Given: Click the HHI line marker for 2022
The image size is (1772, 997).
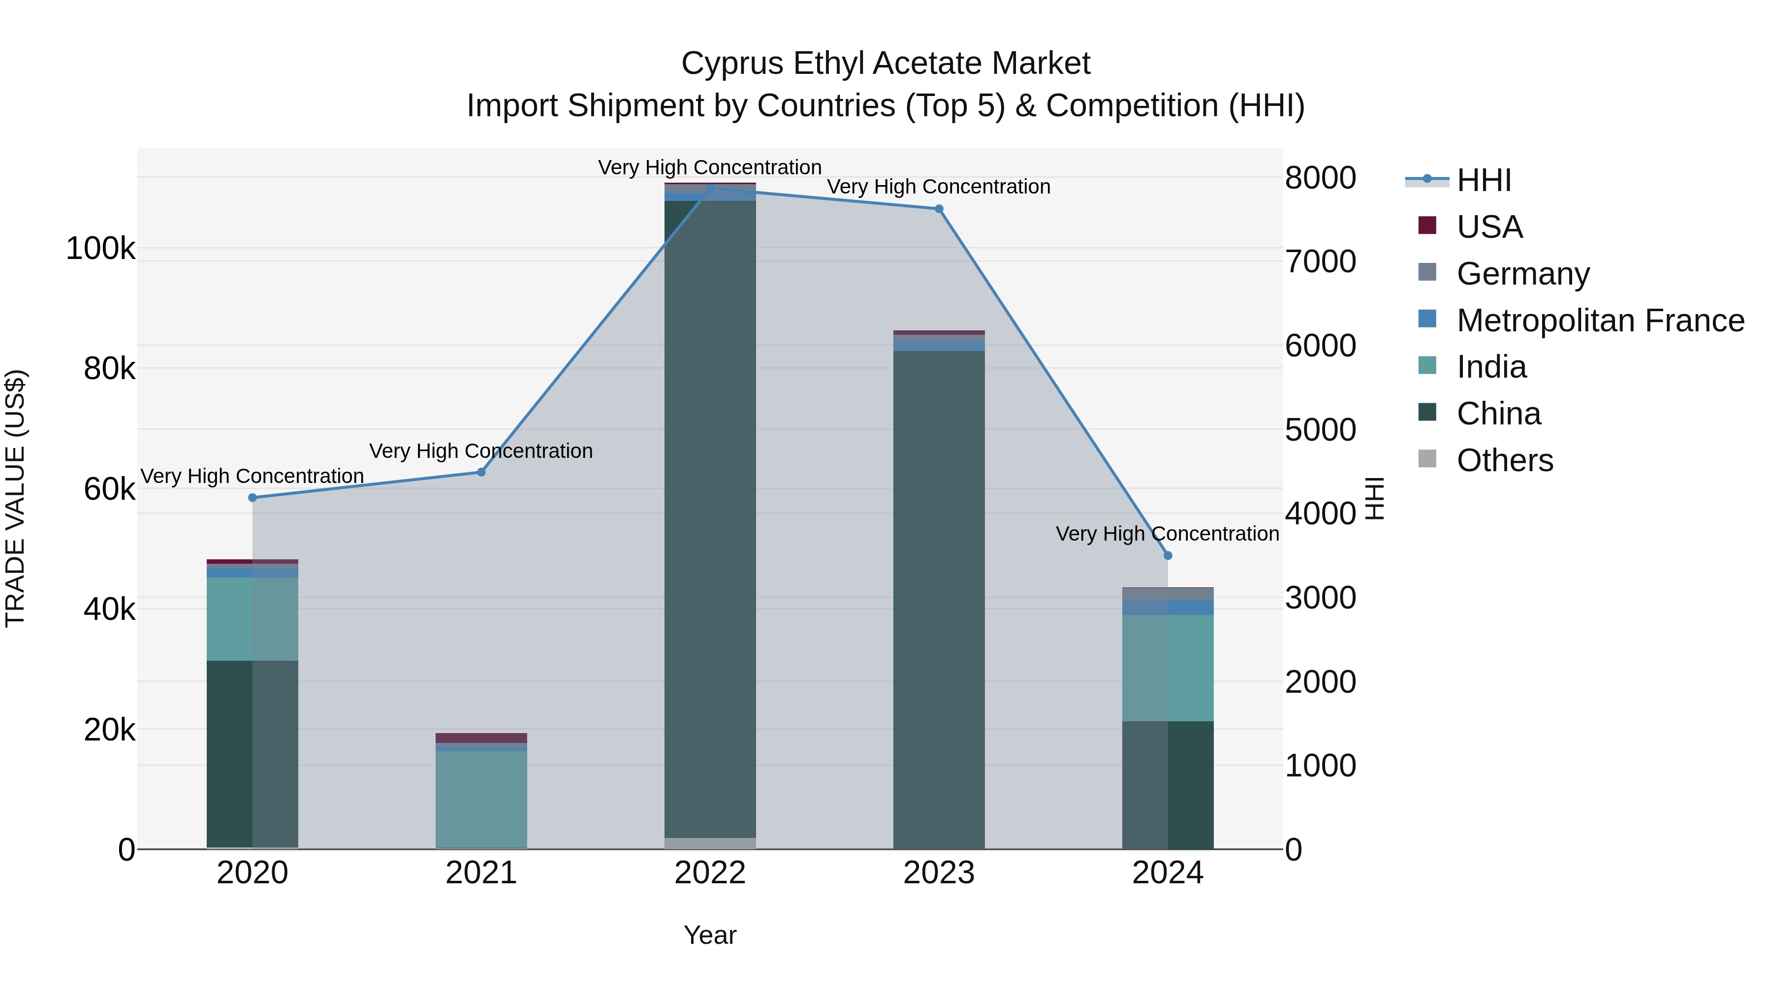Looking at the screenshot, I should click(x=710, y=188).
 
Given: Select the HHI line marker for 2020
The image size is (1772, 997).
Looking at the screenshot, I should click(x=253, y=497).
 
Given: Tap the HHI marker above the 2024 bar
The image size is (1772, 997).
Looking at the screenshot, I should click(x=1168, y=555).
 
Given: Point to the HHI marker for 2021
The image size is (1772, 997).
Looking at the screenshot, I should click(x=481, y=472).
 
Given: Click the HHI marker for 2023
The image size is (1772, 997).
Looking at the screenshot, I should click(x=939, y=208).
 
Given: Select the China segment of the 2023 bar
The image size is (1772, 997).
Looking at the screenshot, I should click(x=939, y=599).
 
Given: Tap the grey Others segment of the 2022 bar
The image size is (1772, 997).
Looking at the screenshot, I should click(x=710, y=843).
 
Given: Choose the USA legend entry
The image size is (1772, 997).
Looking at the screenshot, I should click(x=1489, y=227).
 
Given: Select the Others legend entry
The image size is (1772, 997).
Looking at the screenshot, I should click(x=1504, y=460).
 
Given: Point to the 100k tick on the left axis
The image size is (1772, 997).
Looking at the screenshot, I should click(x=100, y=249).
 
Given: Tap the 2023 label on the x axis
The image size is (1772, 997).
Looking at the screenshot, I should click(x=939, y=873).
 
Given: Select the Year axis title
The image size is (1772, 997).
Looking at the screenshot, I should click(x=710, y=935).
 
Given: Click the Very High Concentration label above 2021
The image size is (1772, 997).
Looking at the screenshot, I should click(x=481, y=451).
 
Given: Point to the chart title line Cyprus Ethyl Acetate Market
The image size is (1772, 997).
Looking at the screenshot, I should click(x=886, y=64).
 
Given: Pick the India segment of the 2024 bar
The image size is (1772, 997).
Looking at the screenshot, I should click(x=1168, y=668).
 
